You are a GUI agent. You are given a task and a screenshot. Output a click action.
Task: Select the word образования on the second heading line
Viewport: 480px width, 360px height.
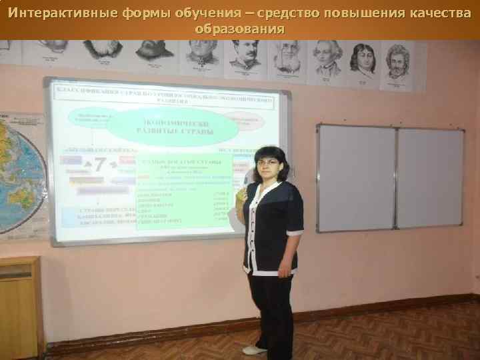click(x=239, y=30)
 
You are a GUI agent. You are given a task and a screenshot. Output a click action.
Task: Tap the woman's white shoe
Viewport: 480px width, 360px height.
click(x=253, y=350)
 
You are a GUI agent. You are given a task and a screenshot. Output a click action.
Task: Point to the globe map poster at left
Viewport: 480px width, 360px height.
click(x=20, y=173)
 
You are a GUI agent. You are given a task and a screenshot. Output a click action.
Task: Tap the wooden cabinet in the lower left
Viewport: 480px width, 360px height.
click(x=20, y=307)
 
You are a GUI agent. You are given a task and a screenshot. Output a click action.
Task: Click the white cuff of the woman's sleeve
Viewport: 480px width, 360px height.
click(x=295, y=232)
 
